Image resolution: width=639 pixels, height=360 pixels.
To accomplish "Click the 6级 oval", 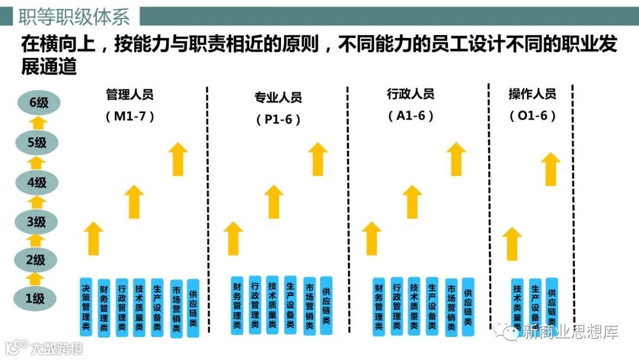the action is click(x=37, y=103).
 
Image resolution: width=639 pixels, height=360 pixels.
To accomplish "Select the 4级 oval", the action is click(x=37, y=182).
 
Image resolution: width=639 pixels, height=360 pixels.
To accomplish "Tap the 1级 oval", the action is click(x=37, y=298).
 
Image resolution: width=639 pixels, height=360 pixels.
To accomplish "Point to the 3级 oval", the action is click(x=37, y=222).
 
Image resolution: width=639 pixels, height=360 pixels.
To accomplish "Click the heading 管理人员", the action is click(x=130, y=94).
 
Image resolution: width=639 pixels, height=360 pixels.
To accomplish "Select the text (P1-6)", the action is click(x=278, y=119).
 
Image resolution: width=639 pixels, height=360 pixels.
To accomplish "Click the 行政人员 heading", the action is click(x=411, y=94).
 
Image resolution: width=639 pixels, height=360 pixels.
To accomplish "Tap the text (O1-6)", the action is click(x=532, y=116).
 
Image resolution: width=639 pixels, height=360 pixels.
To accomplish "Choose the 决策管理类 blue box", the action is click(x=86, y=307).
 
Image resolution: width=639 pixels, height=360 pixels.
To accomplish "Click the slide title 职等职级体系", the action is click(x=74, y=17).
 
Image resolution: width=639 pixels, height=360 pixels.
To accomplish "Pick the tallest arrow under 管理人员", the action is click(x=177, y=159).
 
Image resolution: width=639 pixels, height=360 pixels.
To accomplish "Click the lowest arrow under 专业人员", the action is click(x=234, y=238).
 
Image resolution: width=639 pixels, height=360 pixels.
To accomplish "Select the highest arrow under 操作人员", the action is click(x=551, y=169).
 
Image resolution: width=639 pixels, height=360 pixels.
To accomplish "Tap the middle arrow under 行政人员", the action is click(x=412, y=201).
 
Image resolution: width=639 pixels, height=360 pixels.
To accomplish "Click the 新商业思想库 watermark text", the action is click(x=570, y=333).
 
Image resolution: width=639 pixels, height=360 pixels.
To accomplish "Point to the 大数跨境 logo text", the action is click(x=57, y=348).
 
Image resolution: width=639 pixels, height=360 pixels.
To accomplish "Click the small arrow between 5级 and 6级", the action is click(x=37, y=123).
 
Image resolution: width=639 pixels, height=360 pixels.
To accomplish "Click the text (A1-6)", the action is click(x=411, y=116).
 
